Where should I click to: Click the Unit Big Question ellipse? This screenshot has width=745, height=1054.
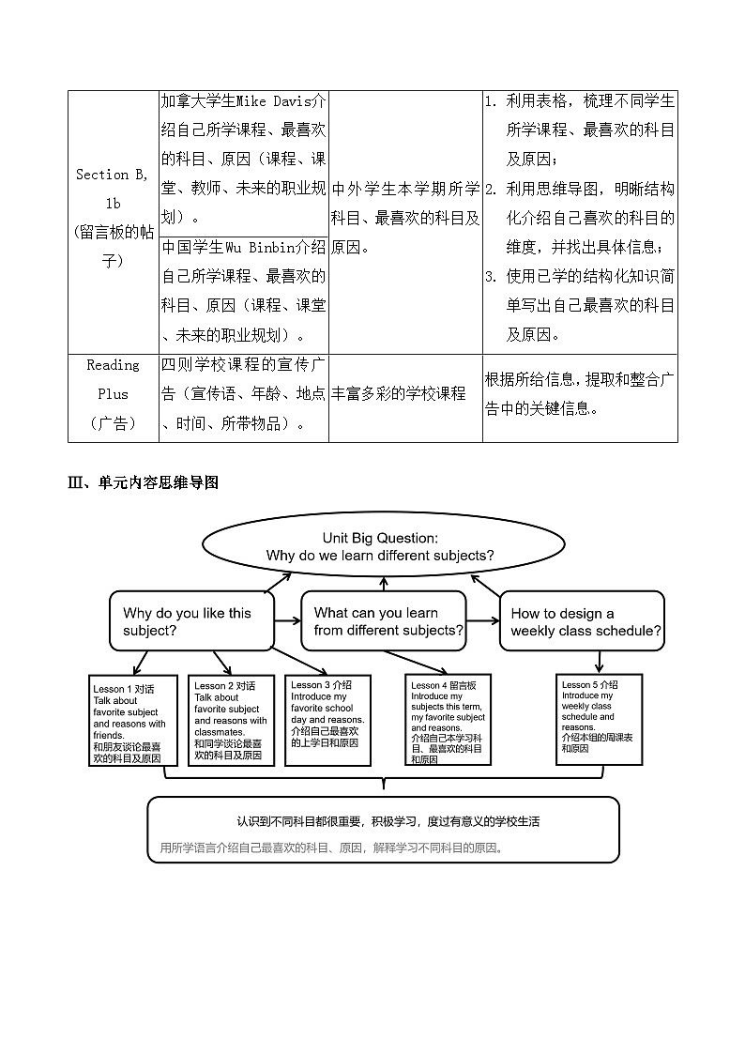click(x=380, y=546)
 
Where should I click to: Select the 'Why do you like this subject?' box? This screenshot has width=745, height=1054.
click(x=192, y=621)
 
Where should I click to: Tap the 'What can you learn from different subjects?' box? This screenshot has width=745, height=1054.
click(x=384, y=621)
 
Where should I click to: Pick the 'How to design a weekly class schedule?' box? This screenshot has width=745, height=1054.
click(x=582, y=621)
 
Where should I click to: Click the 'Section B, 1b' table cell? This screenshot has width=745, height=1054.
click(x=114, y=218)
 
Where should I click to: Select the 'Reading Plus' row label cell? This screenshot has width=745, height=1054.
click(x=114, y=394)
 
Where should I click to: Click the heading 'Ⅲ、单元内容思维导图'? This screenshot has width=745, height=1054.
click(x=144, y=483)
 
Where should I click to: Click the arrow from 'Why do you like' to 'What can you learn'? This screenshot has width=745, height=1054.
click(x=287, y=619)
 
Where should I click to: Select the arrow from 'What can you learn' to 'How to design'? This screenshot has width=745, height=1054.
click(x=482, y=619)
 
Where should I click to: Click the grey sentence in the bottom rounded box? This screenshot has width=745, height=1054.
click(x=332, y=848)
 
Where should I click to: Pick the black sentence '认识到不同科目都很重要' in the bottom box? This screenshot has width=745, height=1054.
click(x=388, y=821)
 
